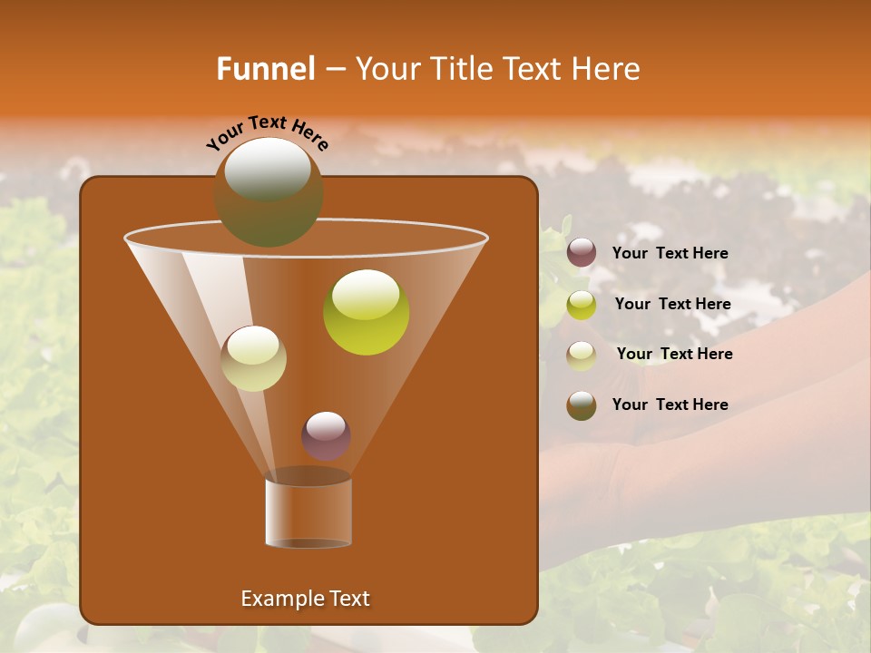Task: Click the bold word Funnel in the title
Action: [265, 69]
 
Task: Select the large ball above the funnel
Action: [269, 192]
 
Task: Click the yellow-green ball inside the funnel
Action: [367, 312]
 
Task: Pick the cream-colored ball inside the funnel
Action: [254, 358]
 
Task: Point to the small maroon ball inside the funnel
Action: [327, 436]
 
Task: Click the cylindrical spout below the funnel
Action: [308, 511]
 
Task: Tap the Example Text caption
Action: [305, 599]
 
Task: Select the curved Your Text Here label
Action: [268, 132]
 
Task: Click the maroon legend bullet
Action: [582, 253]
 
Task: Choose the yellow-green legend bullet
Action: [582, 304]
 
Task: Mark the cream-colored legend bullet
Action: [582, 355]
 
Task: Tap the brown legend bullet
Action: [582, 405]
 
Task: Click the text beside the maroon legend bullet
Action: [670, 253]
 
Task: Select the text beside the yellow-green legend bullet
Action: [672, 304]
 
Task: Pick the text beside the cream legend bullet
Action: [674, 354]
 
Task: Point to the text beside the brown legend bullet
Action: [670, 404]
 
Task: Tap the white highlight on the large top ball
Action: [268, 169]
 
